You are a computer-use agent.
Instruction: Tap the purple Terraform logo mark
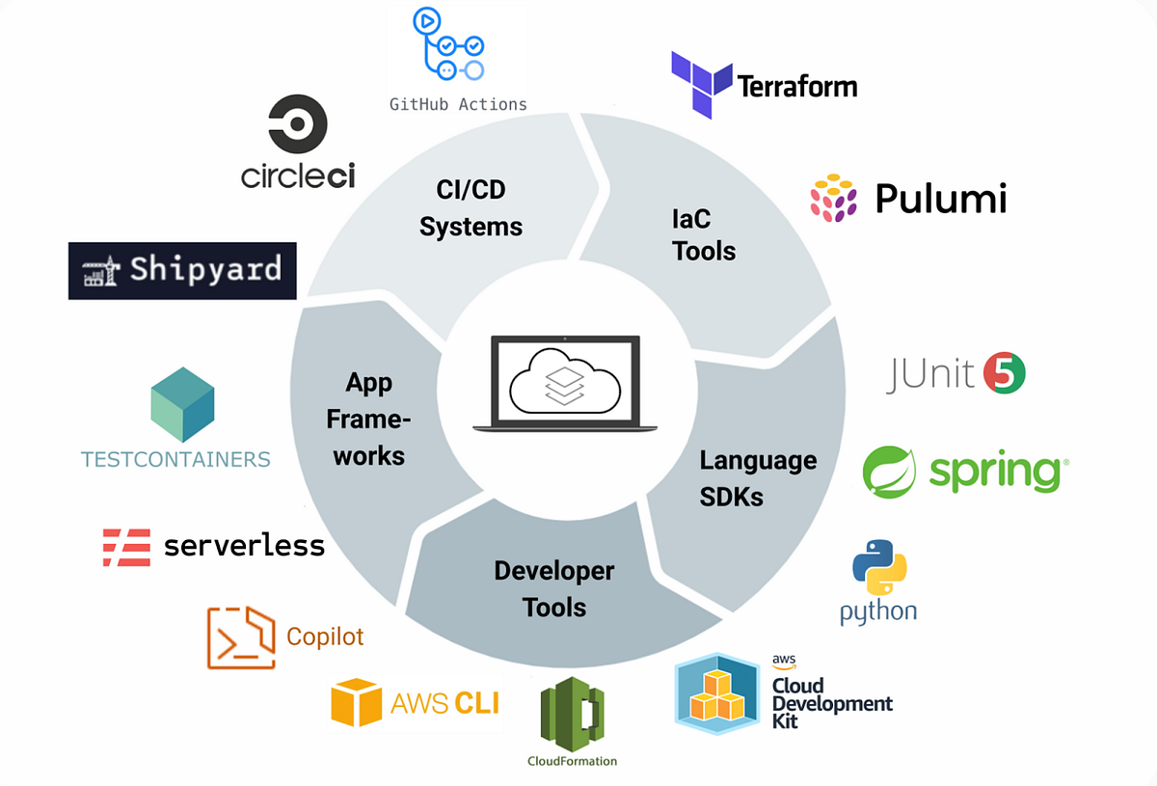(x=700, y=84)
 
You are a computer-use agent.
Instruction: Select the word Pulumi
(x=940, y=199)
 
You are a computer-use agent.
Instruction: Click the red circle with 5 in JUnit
(x=1004, y=373)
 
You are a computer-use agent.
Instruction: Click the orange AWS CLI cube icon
(x=356, y=702)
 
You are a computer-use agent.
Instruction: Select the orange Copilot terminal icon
(x=241, y=637)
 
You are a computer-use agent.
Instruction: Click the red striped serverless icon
(x=126, y=546)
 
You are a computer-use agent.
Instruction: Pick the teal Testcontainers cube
(x=182, y=404)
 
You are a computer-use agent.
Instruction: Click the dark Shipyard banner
(x=182, y=270)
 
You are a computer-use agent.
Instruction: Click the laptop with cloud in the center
(x=564, y=383)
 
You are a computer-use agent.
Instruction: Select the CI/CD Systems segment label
(x=471, y=207)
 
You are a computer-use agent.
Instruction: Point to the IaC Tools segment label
(x=703, y=234)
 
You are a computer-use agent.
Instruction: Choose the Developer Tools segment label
(x=553, y=588)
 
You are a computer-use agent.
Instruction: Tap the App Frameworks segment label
(x=368, y=420)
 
